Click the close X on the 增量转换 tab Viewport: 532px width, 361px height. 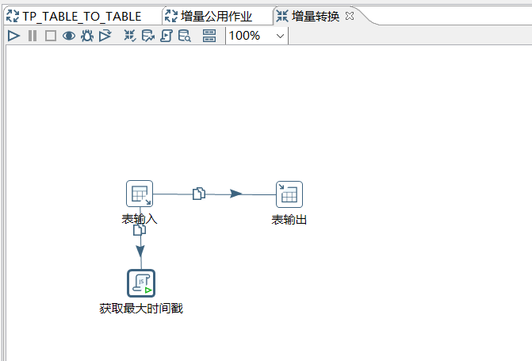pos(350,16)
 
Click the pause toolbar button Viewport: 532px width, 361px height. pos(33,36)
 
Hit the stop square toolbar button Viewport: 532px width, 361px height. pos(50,36)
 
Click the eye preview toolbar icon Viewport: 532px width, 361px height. pos(69,36)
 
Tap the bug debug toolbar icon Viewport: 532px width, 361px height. pos(87,36)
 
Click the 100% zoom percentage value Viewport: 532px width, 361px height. pos(245,36)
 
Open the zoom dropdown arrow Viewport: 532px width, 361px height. pos(281,36)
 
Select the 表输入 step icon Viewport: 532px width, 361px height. pos(140,194)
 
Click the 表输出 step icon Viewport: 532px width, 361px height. pos(289,194)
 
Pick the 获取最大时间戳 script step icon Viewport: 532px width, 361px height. pos(141,283)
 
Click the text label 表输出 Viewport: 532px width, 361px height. pos(289,220)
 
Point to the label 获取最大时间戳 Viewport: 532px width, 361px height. pos(141,308)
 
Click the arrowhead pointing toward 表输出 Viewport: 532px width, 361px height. pos(235,194)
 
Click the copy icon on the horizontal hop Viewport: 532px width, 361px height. pos(199,193)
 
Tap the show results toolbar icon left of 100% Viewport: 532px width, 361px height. pos(209,36)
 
